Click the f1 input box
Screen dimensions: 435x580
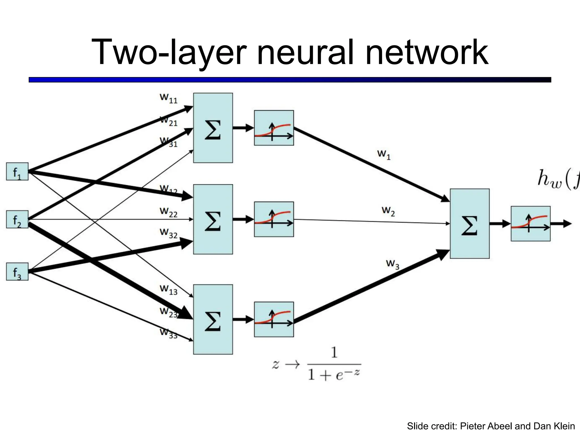tap(17, 171)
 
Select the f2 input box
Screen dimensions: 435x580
tap(17, 219)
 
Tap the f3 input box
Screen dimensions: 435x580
tap(17, 272)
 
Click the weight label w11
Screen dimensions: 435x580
tap(169, 98)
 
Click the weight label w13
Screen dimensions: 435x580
tap(169, 290)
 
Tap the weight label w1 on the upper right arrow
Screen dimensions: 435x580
tap(384, 155)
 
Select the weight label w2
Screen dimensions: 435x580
tap(388, 211)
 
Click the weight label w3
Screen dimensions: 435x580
tap(393, 264)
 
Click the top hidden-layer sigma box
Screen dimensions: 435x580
tap(213, 128)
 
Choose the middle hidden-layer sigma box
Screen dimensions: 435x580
tap(213, 219)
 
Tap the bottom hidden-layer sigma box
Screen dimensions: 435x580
tap(213, 319)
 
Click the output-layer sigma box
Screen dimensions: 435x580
tap(470, 224)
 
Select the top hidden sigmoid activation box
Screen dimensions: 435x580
tap(274, 128)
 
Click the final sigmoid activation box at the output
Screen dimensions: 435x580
tap(530, 224)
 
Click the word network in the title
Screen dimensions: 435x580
tap(427, 53)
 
